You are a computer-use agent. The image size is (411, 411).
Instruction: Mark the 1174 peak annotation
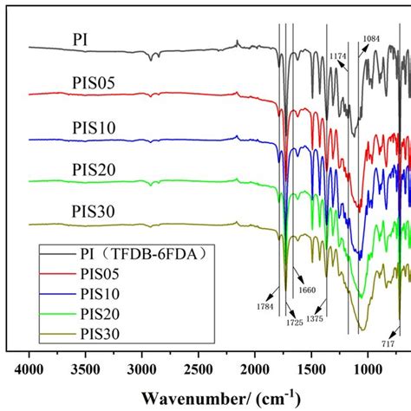340,55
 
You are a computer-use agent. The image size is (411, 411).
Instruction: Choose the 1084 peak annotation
371,39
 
